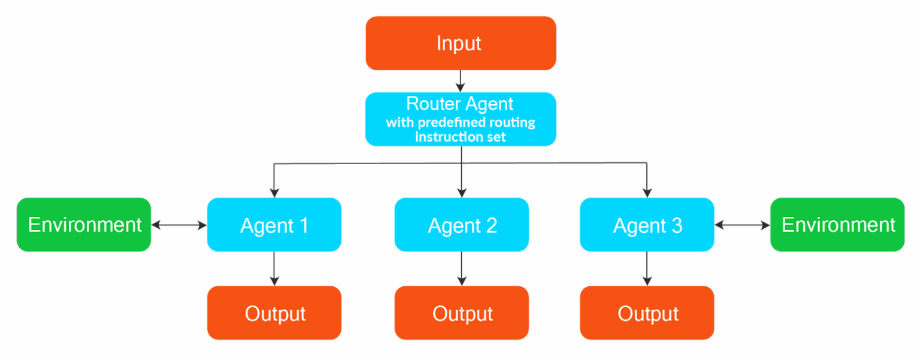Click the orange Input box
461,43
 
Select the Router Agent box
461,119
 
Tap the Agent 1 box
274,225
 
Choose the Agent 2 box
462,225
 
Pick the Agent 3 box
647,225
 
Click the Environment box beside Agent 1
84,225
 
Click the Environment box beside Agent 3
837,225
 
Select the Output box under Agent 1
274,313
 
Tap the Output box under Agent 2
462,313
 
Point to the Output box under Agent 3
647,313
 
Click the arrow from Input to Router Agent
460,81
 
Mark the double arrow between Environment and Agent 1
179,225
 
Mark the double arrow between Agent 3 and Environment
742,225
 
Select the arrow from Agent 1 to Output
274,268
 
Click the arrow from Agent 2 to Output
461,268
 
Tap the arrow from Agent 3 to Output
647,268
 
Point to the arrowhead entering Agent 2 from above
461,192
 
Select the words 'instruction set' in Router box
461,137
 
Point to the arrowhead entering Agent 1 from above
274,192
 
